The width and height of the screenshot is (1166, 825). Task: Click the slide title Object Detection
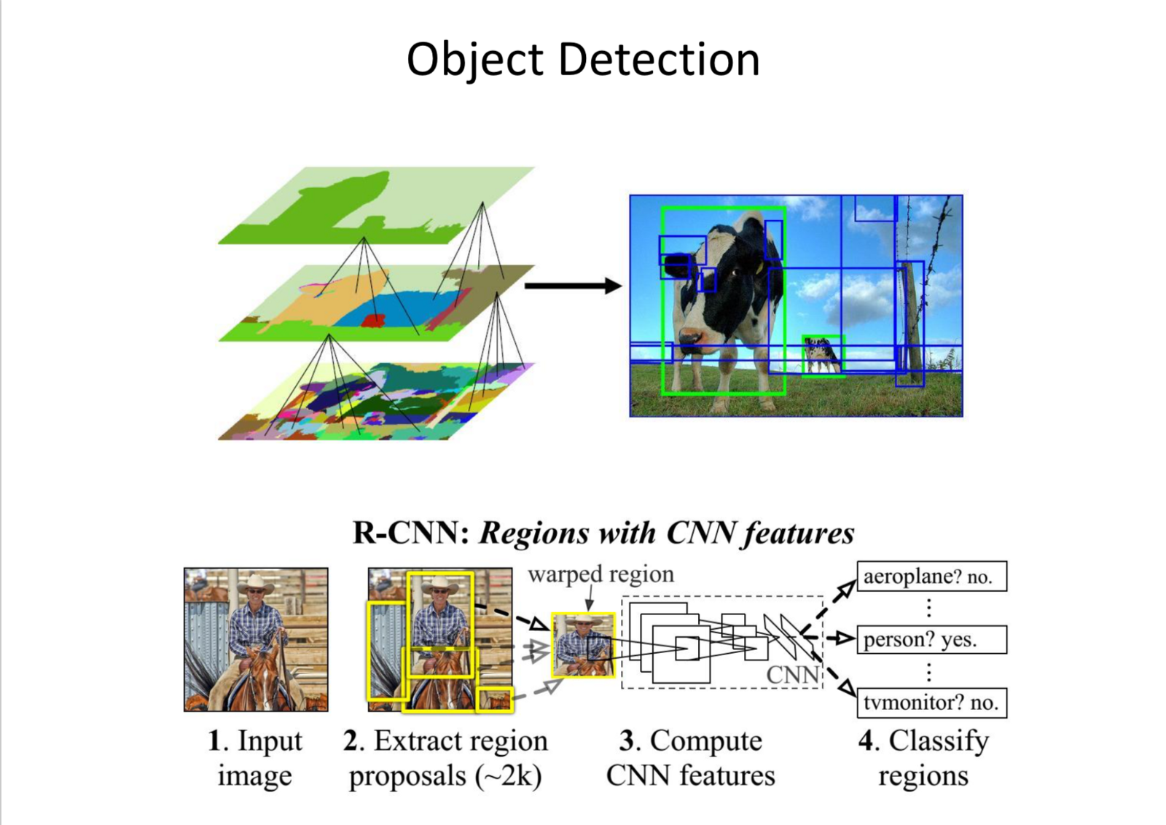point(583,59)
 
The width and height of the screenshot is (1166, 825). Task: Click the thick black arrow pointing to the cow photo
point(573,286)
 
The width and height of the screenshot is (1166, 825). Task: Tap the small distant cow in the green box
point(821,356)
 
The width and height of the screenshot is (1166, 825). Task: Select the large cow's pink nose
point(689,337)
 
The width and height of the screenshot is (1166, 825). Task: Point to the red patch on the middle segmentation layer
point(374,320)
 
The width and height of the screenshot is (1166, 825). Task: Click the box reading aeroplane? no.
point(931,576)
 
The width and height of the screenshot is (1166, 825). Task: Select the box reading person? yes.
point(931,639)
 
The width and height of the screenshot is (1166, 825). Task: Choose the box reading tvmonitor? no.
point(931,703)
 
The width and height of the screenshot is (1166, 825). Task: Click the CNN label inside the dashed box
point(792,675)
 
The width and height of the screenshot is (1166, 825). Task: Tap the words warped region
point(600,574)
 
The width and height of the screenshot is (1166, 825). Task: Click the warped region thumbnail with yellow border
point(583,645)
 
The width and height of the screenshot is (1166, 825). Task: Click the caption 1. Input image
point(255,758)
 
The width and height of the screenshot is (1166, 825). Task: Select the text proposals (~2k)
point(445,775)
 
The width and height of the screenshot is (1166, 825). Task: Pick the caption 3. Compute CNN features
point(690,758)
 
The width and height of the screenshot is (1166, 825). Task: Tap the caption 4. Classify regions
point(923,758)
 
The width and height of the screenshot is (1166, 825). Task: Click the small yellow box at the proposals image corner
point(495,699)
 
